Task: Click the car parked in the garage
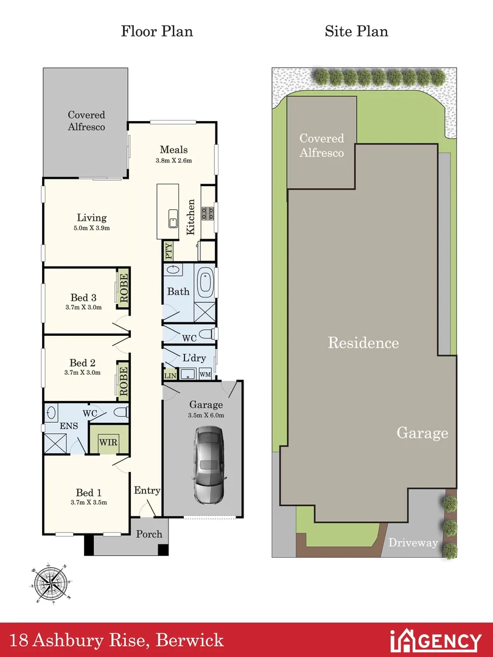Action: tap(209, 463)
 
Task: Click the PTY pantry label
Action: tap(169, 251)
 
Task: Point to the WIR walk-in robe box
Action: tap(110, 442)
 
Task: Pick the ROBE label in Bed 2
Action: tap(124, 381)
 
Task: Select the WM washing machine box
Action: tap(205, 375)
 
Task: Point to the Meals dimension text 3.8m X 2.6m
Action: tap(173, 161)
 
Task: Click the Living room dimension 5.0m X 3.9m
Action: tap(91, 228)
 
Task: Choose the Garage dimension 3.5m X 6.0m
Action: tap(206, 415)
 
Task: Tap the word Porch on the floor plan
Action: tap(149, 534)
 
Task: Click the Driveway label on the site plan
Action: tap(413, 543)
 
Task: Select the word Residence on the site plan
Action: tap(363, 342)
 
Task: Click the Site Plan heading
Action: tap(356, 31)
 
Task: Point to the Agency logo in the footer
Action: tap(435, 641)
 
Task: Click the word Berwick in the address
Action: tap(190, 641)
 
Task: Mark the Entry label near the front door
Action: tap(147, 491)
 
